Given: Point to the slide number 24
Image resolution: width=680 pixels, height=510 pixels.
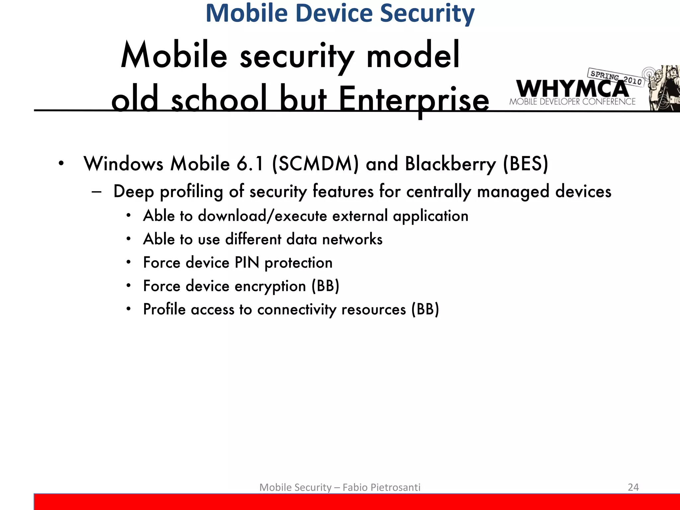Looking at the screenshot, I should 633,487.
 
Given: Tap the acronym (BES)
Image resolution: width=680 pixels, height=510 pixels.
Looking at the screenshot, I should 526,164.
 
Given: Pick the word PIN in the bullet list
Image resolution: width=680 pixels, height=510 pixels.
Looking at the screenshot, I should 247,263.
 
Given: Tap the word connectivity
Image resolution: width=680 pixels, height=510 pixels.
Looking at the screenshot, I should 297,310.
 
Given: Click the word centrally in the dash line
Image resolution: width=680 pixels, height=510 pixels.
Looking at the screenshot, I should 439,192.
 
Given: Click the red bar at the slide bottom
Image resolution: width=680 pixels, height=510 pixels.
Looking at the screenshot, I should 357,502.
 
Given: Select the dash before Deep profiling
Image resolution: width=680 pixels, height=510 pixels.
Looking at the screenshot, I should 97,192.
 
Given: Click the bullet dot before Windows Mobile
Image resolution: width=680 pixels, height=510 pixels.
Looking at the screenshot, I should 61,164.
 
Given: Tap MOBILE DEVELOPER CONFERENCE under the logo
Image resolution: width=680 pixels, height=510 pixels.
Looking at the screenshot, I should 572,102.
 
